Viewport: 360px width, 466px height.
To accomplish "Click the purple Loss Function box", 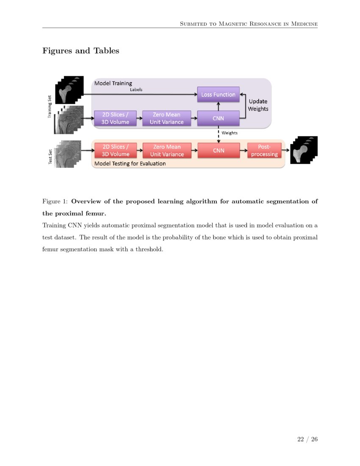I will coord(218,94).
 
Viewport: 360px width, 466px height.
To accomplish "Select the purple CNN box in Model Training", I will coord(218,118).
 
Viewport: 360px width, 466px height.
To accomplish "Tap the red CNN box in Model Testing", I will coord(218,150).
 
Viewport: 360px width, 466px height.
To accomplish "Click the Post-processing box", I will coord(264,150).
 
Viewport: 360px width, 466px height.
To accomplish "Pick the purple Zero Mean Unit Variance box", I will coord(166,118).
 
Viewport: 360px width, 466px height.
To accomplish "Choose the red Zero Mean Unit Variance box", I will coord(166,150).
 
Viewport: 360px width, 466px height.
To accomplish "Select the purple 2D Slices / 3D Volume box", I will coord(115,118).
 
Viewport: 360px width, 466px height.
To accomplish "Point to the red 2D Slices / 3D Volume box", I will coord(115,150).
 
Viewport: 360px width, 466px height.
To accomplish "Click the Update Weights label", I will coord(258,105).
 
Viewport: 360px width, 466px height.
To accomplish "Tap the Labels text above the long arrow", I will coord(136,89).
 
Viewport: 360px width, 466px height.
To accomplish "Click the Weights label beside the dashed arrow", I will coord(230,133).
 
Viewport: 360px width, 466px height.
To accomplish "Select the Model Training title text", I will coord(113,83).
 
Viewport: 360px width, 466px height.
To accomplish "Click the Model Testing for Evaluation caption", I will coord(130,163).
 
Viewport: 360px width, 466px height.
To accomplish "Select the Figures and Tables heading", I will coord(80,51).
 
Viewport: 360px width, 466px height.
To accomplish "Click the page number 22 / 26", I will coord(307,439).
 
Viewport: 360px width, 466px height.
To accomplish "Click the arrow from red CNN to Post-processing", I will coord(243,150).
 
